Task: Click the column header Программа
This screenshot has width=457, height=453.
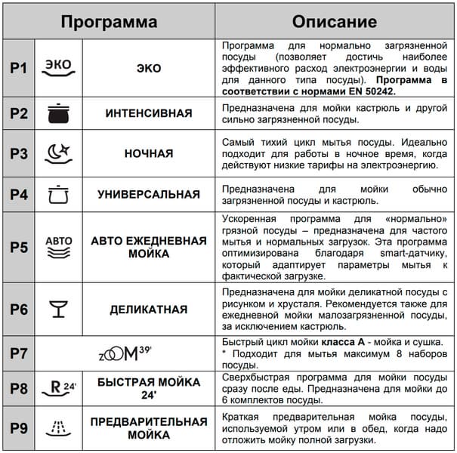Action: (x=110, y=20)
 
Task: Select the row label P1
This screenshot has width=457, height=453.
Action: (x=18, y=68)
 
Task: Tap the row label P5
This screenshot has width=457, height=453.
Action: (x=18, y=247)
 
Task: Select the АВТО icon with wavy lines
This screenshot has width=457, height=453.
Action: (x=58, y=247)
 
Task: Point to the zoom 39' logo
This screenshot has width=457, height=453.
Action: (x=126, y=353)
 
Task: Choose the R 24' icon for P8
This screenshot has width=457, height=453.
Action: (x=58, y=388)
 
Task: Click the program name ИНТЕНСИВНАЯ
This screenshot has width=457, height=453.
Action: (x=149, y=113)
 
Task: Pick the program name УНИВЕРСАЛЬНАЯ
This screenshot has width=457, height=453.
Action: (x=149, y=194)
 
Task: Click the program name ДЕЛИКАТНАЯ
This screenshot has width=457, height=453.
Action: (x=149, y=310)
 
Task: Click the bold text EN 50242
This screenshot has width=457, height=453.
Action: (x=368, y=91)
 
